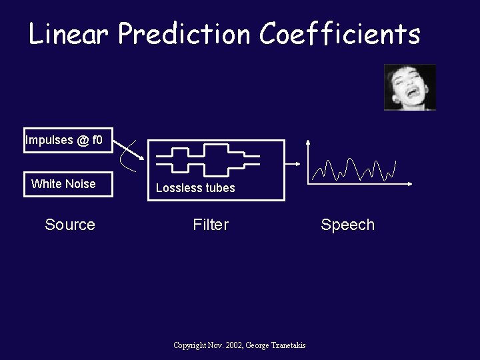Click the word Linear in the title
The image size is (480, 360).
(68, 33)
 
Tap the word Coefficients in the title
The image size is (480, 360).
(340, 33)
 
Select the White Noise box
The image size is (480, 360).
(64, 184)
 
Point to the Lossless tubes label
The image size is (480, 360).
(195, 188)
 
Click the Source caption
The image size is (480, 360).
(70, 225)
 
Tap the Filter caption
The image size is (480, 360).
(211, 225)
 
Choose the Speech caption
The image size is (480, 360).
(347, 225)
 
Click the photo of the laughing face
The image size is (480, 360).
(409, 87)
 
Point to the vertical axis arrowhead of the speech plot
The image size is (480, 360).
(307, 142)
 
